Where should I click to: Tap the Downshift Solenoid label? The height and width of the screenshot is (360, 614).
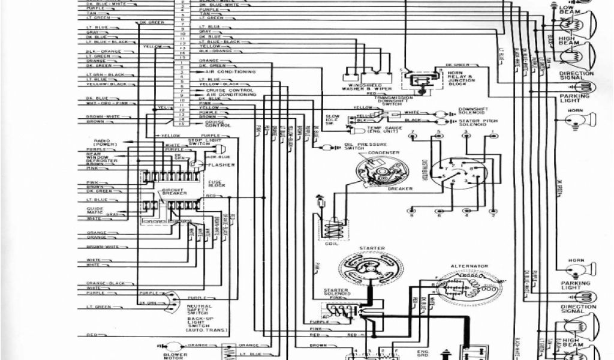click(x=474, y=112)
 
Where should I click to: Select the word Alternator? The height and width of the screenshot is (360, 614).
click(x=469, y=265)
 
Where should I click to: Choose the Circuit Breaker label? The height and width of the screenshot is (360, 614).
click(x=174, y=192)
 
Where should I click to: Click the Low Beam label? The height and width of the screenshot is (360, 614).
click(x=567, y=11)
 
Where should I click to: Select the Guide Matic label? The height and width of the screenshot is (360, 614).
click(x=96, y=210)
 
